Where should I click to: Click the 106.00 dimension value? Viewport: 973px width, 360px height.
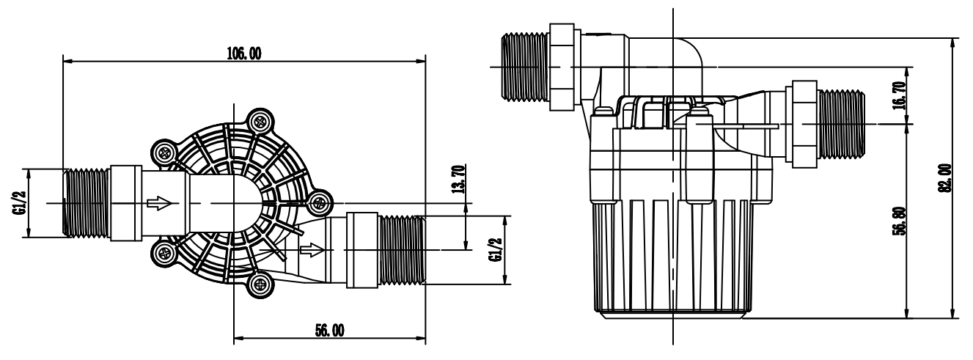click(244, 54)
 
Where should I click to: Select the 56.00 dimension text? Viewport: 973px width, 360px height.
click(330, 331)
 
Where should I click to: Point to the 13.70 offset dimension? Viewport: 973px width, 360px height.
click(459, 179)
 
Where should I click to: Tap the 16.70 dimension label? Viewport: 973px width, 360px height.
click(900, 95)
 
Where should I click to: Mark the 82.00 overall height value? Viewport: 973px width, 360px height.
click(944, 177)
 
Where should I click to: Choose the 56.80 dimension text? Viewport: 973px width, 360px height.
click(900, 221)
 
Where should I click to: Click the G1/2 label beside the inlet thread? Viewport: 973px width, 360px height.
click(20, 203)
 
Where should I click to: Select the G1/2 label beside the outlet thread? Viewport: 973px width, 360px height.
click(496, 250)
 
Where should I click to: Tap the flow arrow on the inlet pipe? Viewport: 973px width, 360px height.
click(160, 203)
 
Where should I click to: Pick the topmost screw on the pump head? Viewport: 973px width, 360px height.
click(260, 121)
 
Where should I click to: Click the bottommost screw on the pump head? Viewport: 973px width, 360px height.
click(260, 284)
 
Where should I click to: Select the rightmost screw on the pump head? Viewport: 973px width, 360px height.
click(320, 202)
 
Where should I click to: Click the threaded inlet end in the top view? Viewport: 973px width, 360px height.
click(87, 203)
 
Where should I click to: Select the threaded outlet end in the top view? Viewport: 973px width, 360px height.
click(401, 250)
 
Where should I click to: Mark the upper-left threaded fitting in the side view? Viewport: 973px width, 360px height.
click(525, 67)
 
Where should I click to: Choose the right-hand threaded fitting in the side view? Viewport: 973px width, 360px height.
click(841, 124)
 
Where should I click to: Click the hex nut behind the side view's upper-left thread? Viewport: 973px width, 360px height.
click(562, 67)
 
